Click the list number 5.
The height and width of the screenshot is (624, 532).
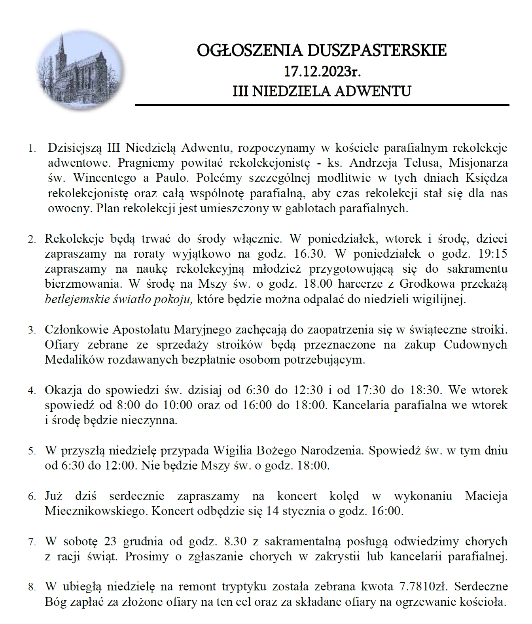point(32,451)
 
